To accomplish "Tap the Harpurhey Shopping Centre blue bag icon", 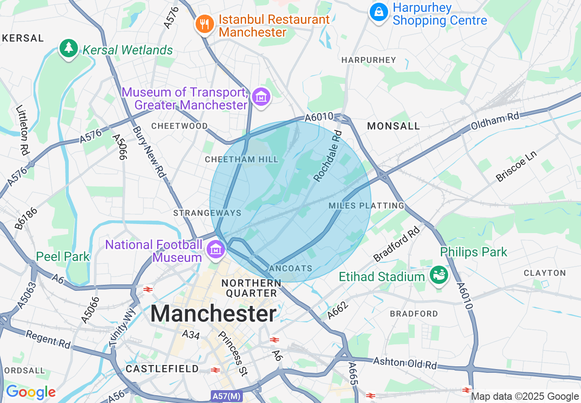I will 379,11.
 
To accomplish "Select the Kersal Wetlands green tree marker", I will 69,48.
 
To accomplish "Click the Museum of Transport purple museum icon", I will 261,97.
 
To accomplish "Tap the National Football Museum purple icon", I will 214,249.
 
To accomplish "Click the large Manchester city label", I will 214,314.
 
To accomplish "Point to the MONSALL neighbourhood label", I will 394,126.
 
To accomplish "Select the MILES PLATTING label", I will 367,206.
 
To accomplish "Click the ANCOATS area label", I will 291,268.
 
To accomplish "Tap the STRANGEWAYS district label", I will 207,213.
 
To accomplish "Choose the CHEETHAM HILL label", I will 241,159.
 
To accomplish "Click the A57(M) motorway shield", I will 227,395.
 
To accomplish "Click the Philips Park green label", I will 474,252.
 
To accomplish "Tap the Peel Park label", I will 63,256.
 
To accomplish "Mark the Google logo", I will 31,392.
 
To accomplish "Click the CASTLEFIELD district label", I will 162,369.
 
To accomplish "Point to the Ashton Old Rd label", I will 405,363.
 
